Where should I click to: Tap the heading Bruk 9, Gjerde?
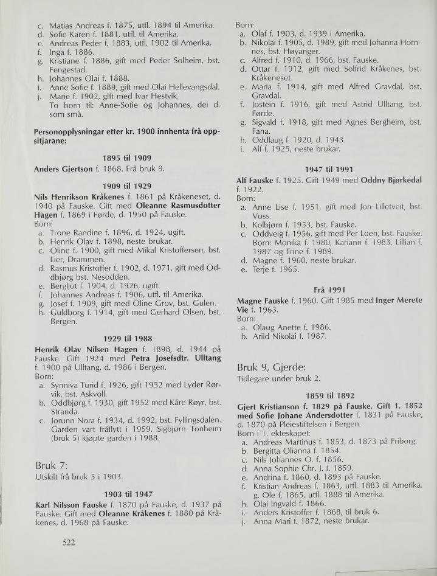coord(271,367)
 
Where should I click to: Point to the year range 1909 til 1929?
coord(121,186)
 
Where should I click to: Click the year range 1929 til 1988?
coord(121,338)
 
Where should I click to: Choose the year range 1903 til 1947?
coord(121,494)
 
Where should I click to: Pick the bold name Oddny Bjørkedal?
coord(393,181)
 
